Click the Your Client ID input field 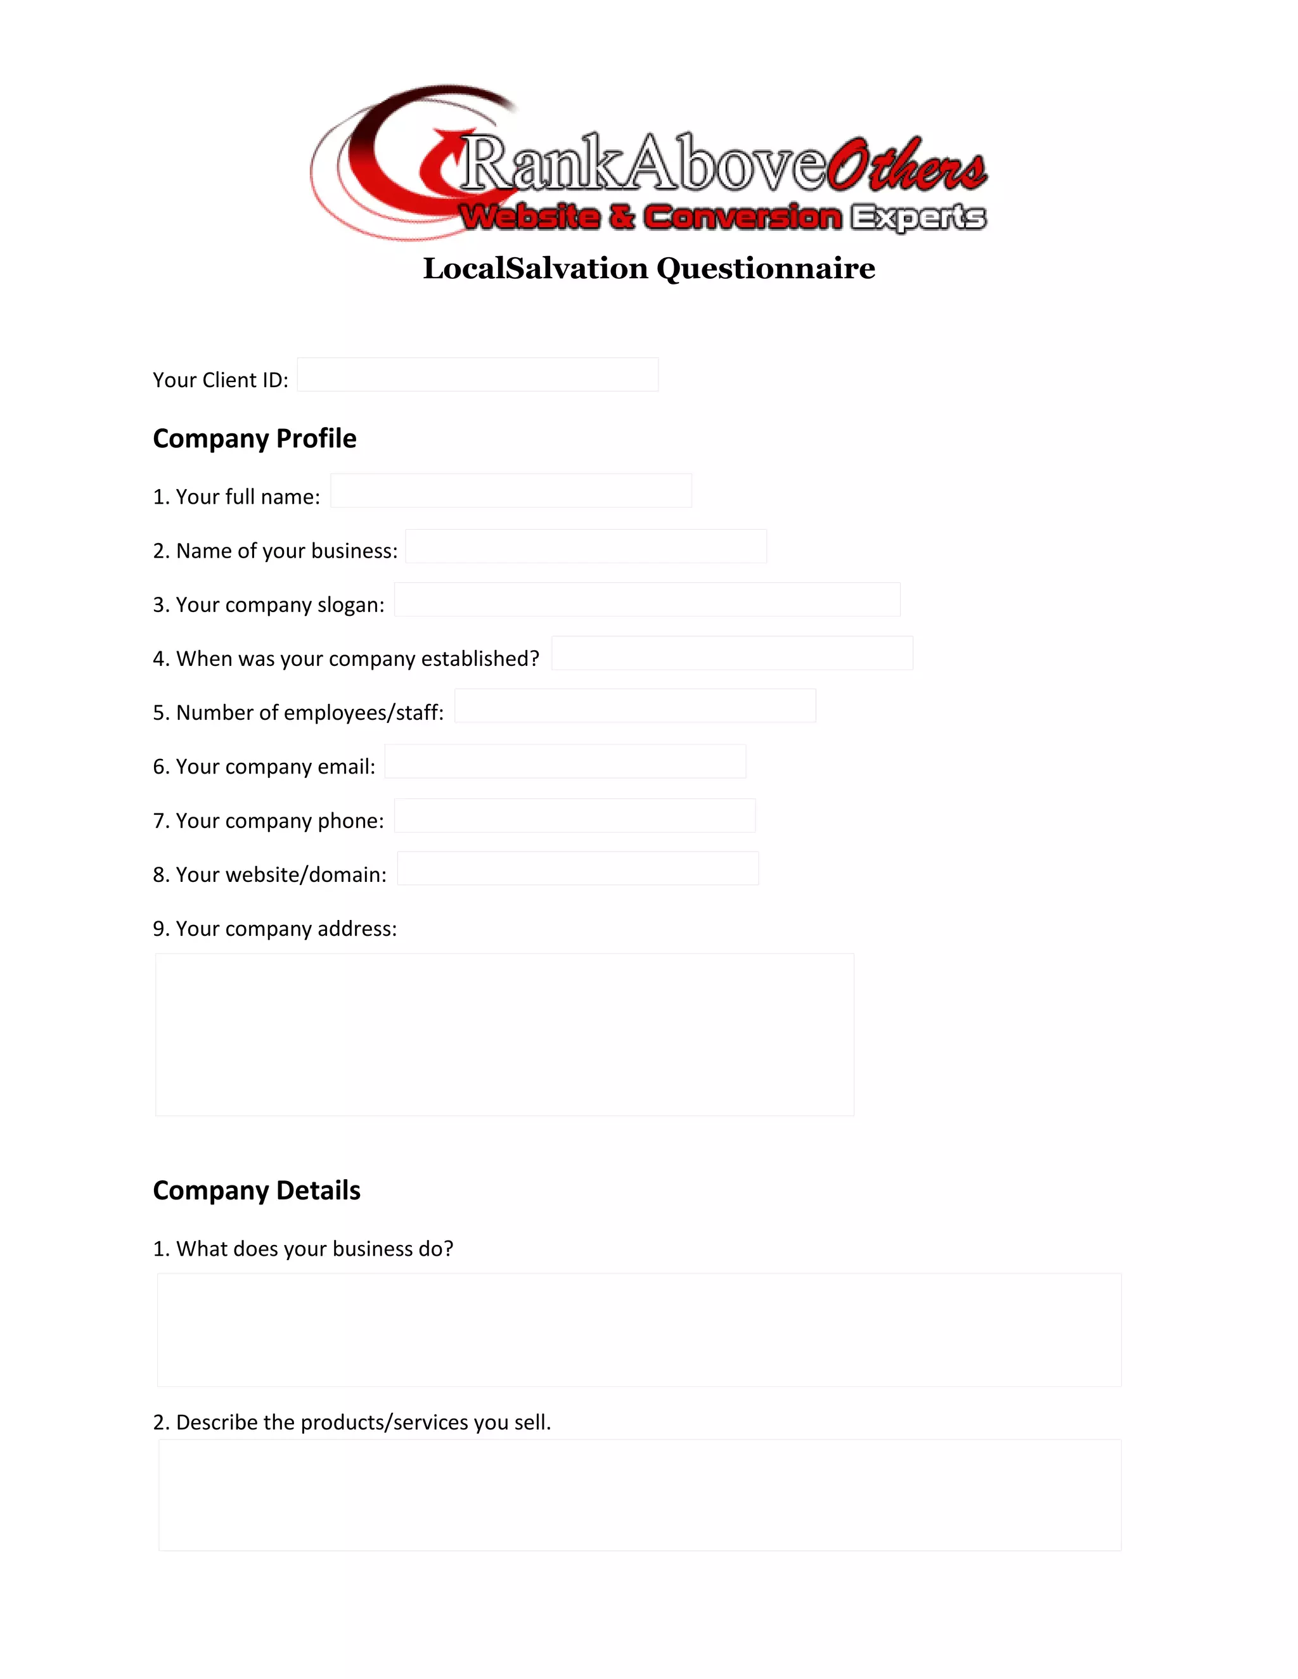click(x=477, y=374)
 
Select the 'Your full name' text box click(x=511, y=490)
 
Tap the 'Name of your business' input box click(x=586, y=546)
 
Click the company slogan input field click(x=646, y=599)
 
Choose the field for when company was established click(x=732, y=653)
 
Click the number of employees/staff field click(x=635, y=706)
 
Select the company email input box click(x=565, y=761)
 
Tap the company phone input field click(x=574, y=815)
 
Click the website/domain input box click(x=577, y=868)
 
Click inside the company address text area click(x=504, y=1034)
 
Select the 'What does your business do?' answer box click(x=639, y=1330)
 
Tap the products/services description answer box click(x=639, y=1495)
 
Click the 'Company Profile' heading click(x=255, y=438)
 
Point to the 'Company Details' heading click(x=256, y=1190)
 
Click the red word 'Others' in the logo click(x=908, y=165)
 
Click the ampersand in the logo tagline click(x=621, y=217)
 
